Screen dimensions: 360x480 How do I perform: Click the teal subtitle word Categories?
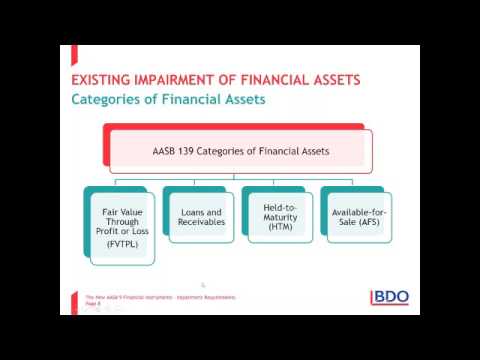click(109, 99)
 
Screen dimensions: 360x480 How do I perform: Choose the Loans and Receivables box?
click(200, 218)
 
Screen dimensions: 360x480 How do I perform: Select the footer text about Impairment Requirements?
click(160, 298)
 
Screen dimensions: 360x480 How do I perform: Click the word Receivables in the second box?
click(200, 224)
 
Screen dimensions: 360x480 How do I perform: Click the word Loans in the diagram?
click(194, 212)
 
